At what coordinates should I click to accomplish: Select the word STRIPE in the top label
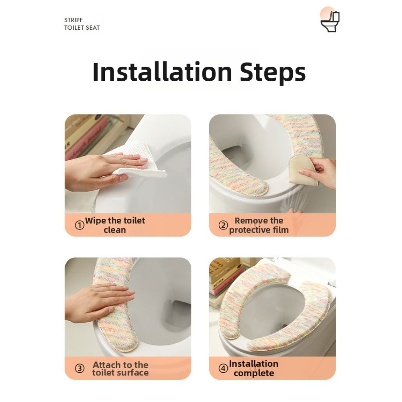click(x=73, y=20)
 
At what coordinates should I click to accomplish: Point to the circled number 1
click(x=80, y=225)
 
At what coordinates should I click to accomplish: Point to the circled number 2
click(x=223, y=225)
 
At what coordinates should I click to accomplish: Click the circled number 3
click(x=80, y=368)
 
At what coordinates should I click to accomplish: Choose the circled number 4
click(x=223, y=368)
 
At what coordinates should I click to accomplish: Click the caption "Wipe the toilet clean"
click(x=115, y=225)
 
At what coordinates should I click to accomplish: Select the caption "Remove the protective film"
click(x=259, y=225)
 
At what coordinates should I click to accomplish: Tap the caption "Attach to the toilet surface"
click(x=120, y=368)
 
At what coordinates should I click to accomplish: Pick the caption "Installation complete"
click(x=253, y=368)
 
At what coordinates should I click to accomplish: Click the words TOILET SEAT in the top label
click(x=82, y=28)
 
